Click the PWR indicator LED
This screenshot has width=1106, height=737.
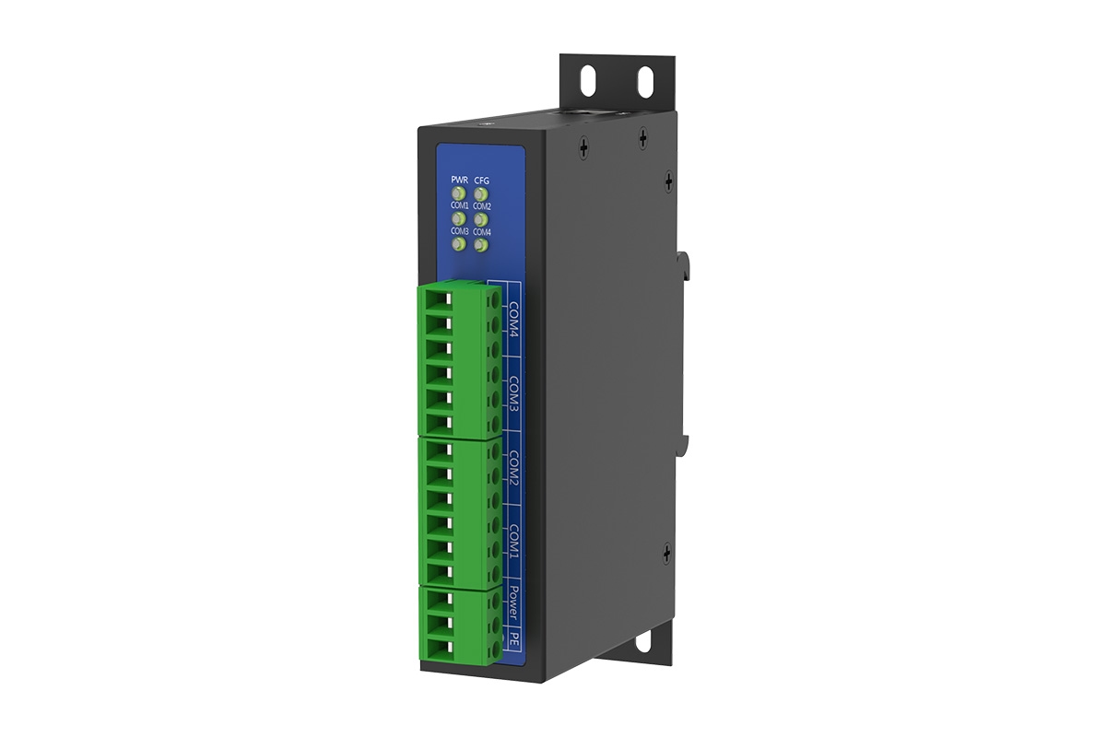[x=458, y=194]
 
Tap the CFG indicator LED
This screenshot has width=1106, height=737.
[x=481, y=194]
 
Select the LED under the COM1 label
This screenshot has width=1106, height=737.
[x=457, y=219]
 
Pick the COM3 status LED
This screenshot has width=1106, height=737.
[x=457, y=245]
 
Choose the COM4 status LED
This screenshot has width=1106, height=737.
[x=480, y=245]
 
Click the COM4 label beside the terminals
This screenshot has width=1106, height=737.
[x=515, y=318]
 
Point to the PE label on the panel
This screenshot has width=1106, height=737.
[x=515, y=638]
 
